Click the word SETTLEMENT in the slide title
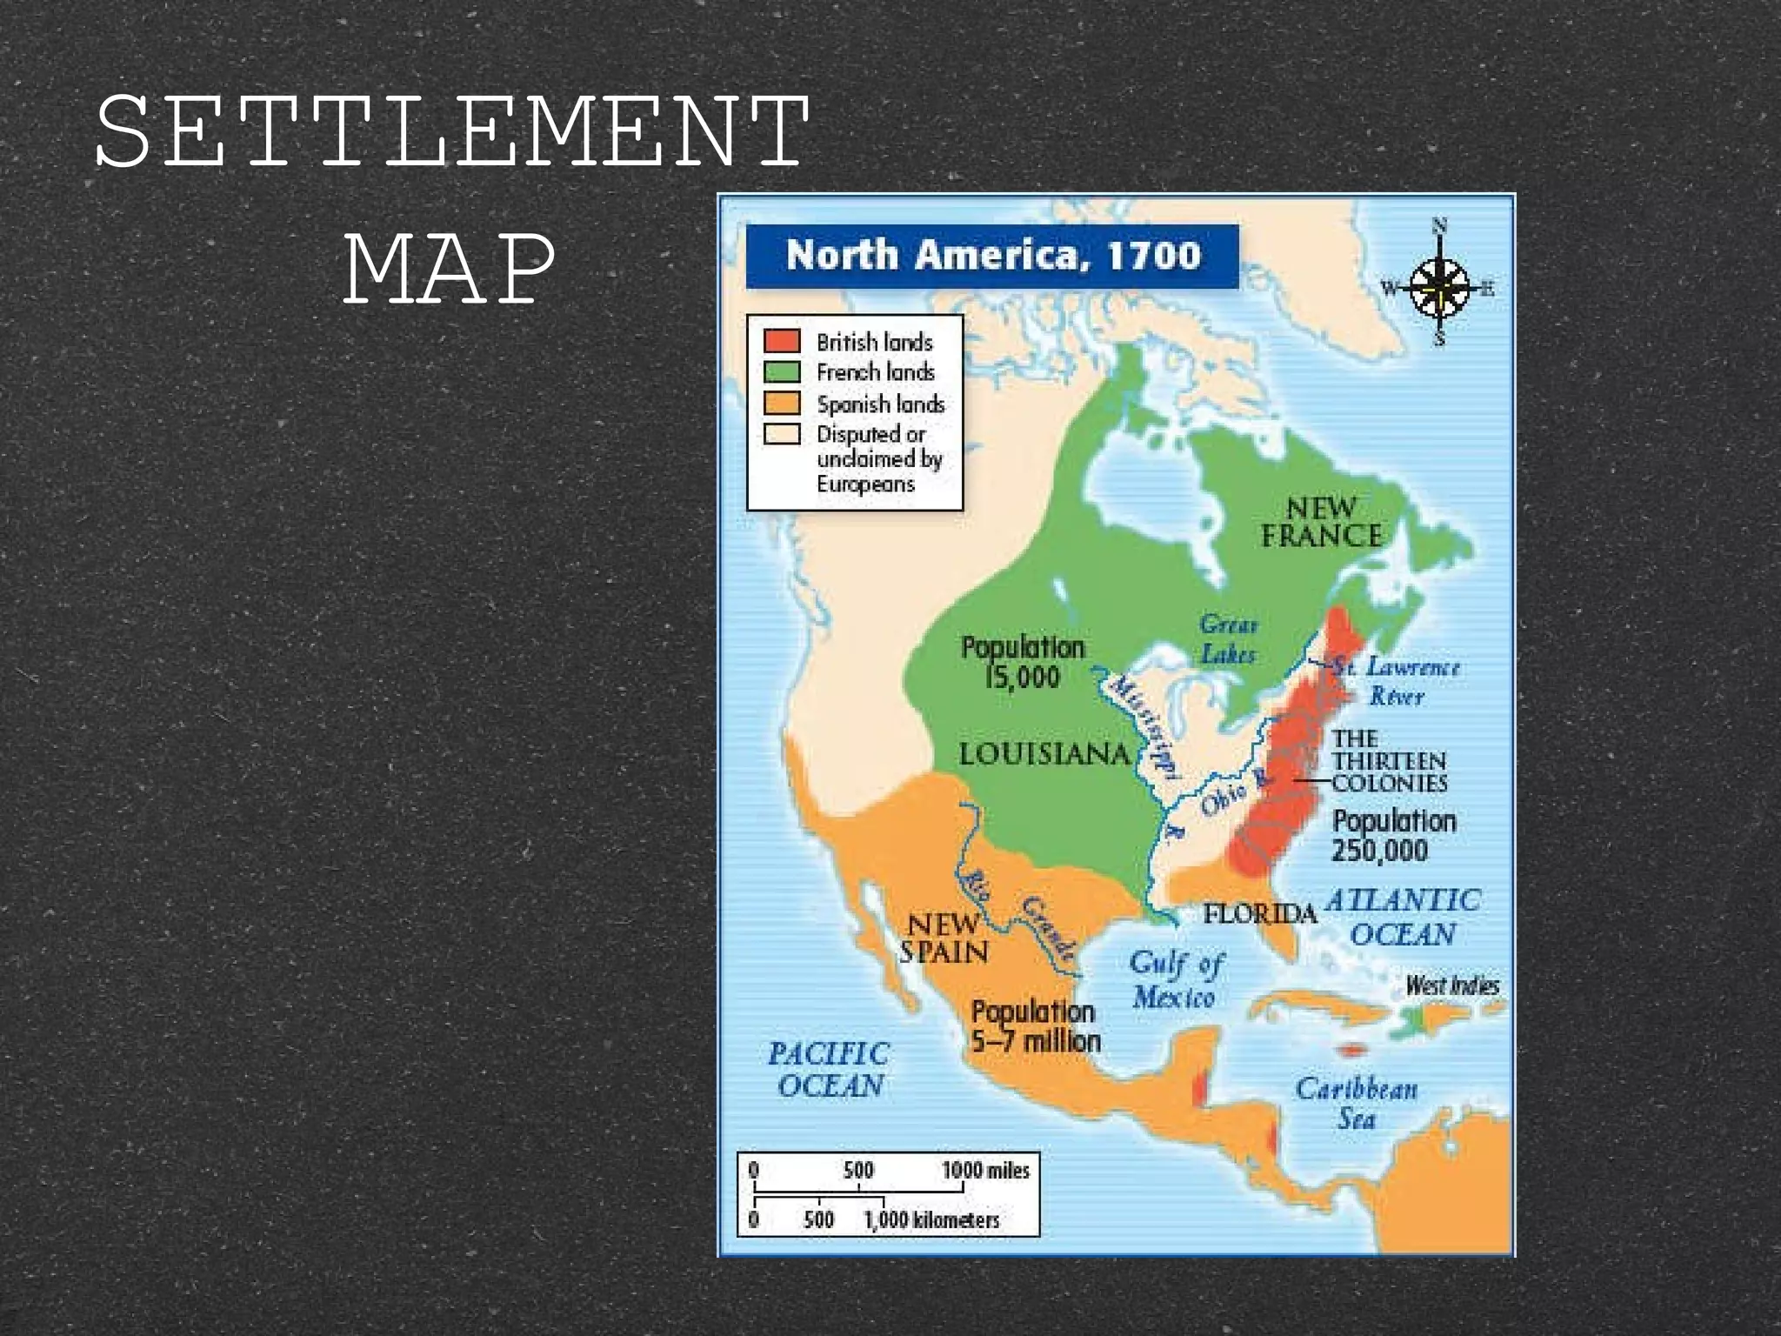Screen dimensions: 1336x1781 [452, 132]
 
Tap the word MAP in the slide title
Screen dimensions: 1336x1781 [449, 266]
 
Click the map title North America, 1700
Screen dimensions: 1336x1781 [992, 256]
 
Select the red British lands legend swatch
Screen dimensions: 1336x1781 [781, 341]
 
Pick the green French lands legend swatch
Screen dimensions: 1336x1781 [781, 372]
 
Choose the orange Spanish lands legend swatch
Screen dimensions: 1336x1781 [781, 404]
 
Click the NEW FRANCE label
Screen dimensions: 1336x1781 [1321, 522]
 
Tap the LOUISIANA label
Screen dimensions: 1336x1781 [1044, 754]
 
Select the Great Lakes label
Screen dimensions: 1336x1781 [1228, 639]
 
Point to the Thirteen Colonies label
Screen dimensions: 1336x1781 [1389, 761]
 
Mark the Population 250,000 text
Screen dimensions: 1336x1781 [1393, 835]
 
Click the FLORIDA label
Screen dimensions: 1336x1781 [1259, 913]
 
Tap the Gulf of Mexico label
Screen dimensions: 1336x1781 [1175, 980]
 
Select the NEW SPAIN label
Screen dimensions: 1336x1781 [944, 938]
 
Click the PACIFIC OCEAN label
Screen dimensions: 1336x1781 [829, 1070]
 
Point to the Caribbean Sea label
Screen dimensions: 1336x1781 [1356, 1103]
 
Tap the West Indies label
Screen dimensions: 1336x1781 [1452, 985]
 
